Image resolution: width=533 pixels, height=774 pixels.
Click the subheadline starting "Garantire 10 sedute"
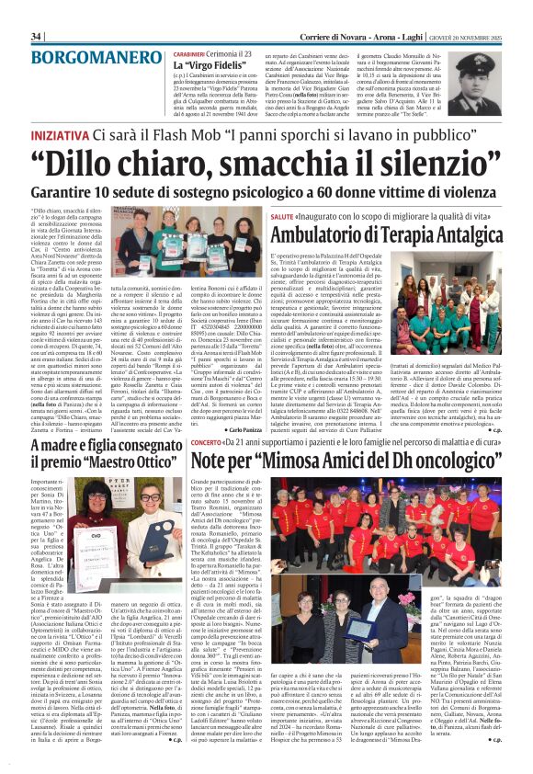point(266,196)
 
